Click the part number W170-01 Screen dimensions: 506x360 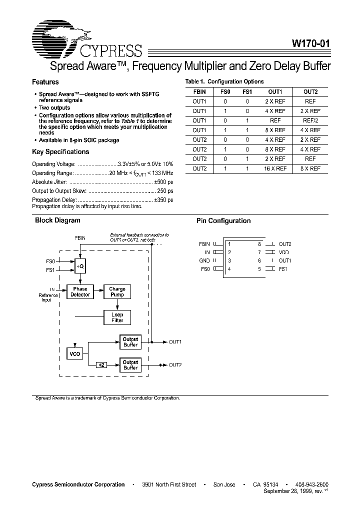[310, 43]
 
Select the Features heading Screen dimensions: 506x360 [45, 82]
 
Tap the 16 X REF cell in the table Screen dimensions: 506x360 [275, 168]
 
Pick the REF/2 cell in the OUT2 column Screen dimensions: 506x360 [310, 120]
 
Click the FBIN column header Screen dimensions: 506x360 [199, 92]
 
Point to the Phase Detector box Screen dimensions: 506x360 [80, 292]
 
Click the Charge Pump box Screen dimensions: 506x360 [117, 292]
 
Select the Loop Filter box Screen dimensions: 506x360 [117, 317]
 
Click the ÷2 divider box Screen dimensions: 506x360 [101, 365]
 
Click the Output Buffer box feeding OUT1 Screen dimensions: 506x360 [130, 342]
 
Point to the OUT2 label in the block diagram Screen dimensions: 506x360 [175, 365]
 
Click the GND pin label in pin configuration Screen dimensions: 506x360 [204, 260]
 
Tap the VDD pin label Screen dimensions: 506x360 [284, 252]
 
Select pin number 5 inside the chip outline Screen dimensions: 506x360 [259, 269]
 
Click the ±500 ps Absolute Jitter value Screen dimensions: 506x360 [164, 182]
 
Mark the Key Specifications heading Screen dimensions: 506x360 [60, 151]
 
